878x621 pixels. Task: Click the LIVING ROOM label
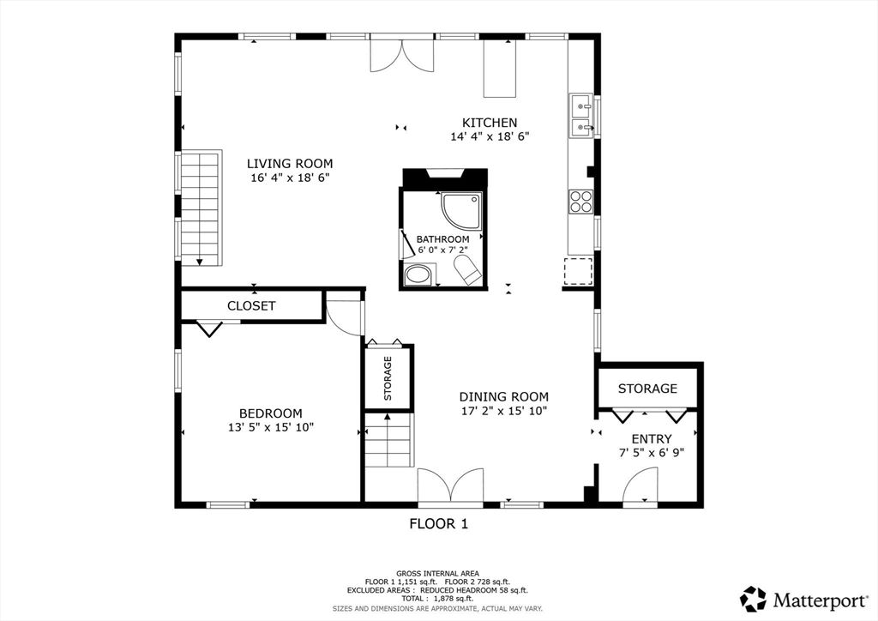pyautogui.click(x=290, y=164)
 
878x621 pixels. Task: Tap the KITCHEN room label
pyautogui.click(x=490, y=123)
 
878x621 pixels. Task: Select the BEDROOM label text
pyautogui.click(x=270, y=413)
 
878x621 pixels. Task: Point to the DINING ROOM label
pyautogui.click(x=504, y=396)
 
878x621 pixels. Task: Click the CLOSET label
pyautogui.click(x=251, y=305)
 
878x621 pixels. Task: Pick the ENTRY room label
pyautogui.click(x=652, y=439)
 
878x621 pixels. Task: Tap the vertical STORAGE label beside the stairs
pyautogui.click(x=388, y=378)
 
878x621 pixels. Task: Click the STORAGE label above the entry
pyautogui.click(x=648, y=388)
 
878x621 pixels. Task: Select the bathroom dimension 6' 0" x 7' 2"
pyautogui.click(x=442, y=250)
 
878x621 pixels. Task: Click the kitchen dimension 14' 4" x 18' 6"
pyautogui.click(x=490, y=136)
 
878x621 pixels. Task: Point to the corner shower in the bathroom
pyautogui.click(x=460, y=211)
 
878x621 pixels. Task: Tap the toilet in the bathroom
pyautogui.click(x=466, y=270)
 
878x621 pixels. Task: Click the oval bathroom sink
pyautogui.click(x=418, y=275)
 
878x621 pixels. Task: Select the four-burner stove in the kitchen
pyautogui.click(x=580, y=202)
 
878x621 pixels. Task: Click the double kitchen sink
pyautogui.click(x=582, y=115)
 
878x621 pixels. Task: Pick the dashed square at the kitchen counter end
pyautogui.click(x=579, y=272)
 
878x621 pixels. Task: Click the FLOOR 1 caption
pyautogui.click(x=439, y=524)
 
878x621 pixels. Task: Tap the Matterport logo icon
pyautogui.click(x=754, y=600)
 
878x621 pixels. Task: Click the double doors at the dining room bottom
pyautogui.click(x=451, y=485)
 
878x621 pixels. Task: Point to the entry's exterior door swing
pyautogui.click(x=640, y=486)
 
